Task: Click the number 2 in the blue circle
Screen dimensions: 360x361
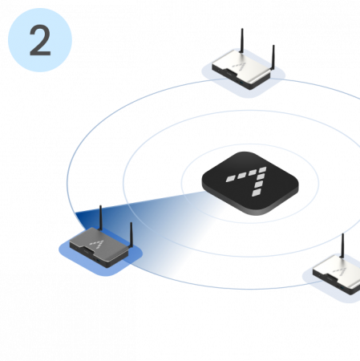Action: coord(40,40)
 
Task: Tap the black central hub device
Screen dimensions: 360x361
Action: coord(250,183)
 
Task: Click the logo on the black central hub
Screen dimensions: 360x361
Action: coord(247,181)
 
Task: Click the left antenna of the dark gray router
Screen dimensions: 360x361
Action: coord(100,218)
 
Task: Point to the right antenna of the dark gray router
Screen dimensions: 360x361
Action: coord(131,235)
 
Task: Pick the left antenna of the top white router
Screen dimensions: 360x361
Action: coord(242,41)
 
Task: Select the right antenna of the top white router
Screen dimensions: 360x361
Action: coord(273,58)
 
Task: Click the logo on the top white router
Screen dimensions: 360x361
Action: coord(239,67)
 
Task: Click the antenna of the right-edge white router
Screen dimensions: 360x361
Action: coord(343,245)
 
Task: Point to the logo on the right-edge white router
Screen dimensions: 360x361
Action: coord(340,271)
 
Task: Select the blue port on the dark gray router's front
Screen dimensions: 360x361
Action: coord(98,261)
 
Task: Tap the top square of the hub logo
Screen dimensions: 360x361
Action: coord(262,170)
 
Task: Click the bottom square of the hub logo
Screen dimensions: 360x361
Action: coord(257,193)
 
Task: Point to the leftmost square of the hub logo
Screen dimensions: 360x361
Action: coord(231,179)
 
